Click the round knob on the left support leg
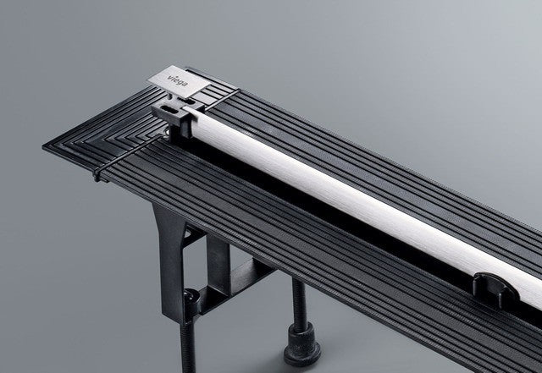193,299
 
